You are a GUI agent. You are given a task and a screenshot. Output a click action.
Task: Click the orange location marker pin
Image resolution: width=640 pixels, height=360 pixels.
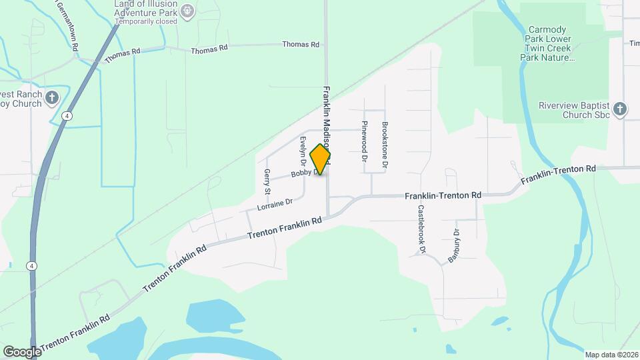321,159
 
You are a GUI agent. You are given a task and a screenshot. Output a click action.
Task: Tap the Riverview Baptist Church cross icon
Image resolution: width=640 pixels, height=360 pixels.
620,109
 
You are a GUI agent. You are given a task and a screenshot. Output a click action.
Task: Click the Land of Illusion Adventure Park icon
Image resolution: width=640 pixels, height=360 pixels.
188,9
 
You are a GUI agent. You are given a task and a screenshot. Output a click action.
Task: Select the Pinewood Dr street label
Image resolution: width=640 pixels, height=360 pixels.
365,141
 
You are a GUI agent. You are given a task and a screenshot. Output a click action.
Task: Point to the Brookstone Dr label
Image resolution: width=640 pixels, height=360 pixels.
385,144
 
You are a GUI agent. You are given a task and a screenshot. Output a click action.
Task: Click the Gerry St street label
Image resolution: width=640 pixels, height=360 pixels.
267,181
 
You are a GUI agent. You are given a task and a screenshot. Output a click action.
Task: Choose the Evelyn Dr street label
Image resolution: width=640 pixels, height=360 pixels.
303,151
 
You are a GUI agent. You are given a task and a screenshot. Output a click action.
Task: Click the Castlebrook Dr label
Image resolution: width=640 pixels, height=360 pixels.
421,229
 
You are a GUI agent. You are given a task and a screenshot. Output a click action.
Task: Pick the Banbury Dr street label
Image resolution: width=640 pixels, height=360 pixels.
453,246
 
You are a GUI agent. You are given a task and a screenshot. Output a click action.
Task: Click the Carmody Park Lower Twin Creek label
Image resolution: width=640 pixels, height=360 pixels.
551,44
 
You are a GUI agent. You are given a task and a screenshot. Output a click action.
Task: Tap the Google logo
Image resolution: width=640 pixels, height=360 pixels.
22,351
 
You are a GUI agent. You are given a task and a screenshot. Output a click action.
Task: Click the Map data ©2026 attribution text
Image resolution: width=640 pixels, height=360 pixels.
611,354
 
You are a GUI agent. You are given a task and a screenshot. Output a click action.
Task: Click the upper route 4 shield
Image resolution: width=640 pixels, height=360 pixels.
67,116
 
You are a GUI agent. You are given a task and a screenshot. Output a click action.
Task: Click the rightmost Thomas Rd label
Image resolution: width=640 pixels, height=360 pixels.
301,45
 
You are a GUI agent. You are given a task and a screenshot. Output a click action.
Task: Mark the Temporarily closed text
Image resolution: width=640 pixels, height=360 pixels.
146,21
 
